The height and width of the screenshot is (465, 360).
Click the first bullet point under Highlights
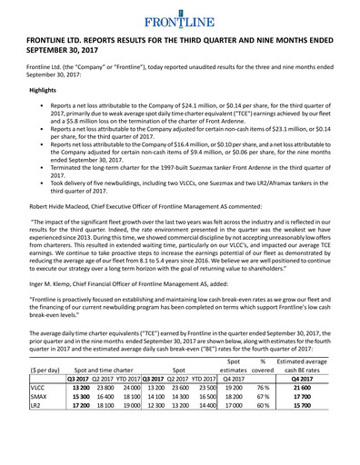pos(34,109)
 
